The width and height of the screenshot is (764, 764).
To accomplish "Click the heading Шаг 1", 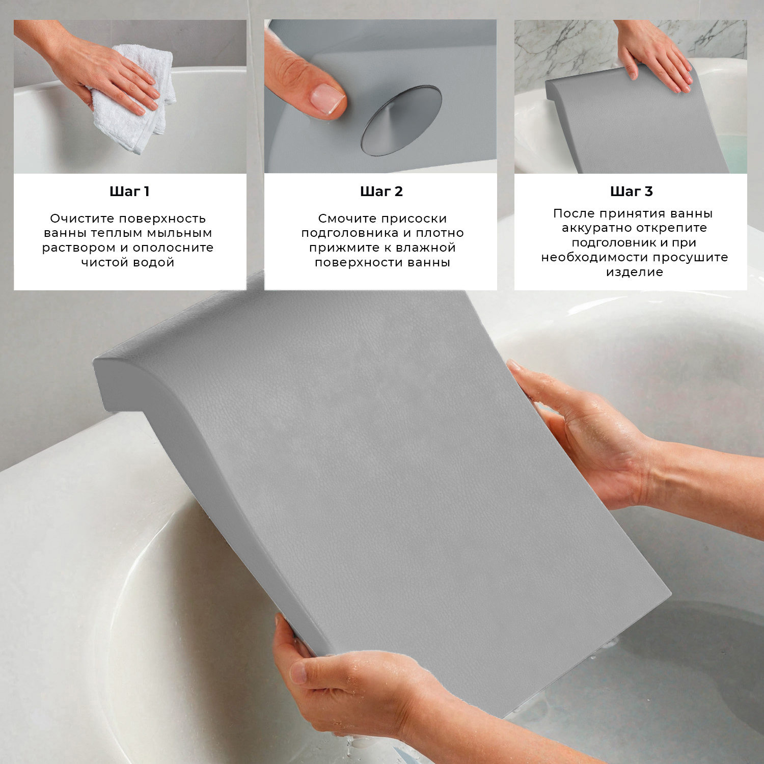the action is tap(129, 192).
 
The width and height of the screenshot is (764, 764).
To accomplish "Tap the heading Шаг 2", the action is tap(381, 192).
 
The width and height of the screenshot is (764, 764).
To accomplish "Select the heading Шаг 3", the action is tap(631, 192).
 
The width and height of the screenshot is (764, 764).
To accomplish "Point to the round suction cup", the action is tap(401, 120).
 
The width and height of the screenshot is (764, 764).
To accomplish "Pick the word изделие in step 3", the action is tap(634, 272).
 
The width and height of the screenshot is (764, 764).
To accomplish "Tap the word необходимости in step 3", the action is tap(594, 257).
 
